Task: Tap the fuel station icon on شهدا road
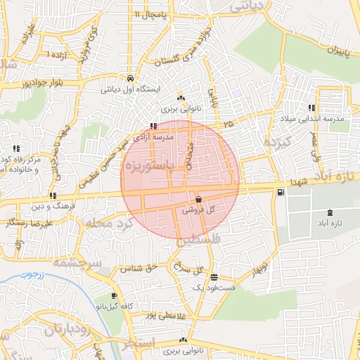tap(281, 192)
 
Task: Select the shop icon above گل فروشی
tap(198, 199)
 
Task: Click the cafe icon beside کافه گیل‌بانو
tap(114, 296)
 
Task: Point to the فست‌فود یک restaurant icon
tap(214, 277)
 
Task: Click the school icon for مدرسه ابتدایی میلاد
tap(311, 108)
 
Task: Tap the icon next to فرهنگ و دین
tap(53, 195)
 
